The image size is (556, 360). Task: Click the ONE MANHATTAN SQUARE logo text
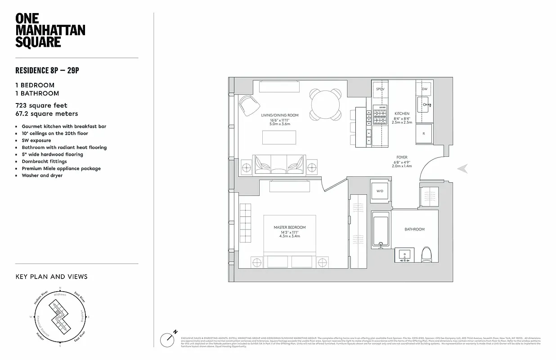[x=50, y=30]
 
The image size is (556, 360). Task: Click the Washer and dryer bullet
[x=42, y=175]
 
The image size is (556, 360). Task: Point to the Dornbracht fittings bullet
[x=44, y=162]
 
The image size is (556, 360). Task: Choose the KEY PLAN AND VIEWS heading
[x=51, y=277]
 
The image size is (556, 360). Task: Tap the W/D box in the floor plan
[x=380, y=191]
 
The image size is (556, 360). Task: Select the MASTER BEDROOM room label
[x=289, y=228]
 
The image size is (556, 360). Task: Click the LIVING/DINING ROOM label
[x=280, y=116]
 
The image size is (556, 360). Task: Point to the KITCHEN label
[x=402, y=114]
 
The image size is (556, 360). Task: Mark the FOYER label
[x=402, y=158]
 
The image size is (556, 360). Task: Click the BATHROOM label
[x=414, y=229]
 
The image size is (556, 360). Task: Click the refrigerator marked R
[x=424, y=134]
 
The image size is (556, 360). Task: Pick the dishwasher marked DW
[x=424, y=89]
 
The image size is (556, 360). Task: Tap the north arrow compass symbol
[x=169, y=338]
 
